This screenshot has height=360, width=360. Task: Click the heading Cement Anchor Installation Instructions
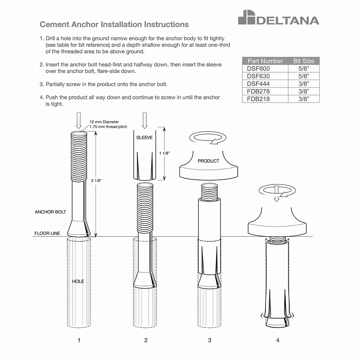click(114, 25)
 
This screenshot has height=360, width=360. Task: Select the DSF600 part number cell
click(258, 69)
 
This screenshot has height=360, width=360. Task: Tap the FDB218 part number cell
click(258, 99)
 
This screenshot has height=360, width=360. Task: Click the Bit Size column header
click(304, 61)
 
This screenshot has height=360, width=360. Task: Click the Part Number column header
click(265, 61)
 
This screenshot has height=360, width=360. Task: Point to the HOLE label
click(78, 281)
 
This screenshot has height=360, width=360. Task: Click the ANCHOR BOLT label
click(50, 212)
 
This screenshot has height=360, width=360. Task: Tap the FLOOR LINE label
click(47, 233)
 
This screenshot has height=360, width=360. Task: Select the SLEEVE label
click(144, 137)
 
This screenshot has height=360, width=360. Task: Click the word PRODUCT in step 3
click(208, 161)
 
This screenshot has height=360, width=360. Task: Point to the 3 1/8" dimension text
click(97, 181)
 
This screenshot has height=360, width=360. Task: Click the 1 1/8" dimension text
click(164, 153)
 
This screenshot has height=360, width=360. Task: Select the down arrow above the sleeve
click(144, 120)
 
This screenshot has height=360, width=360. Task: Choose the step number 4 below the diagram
click(277, 340)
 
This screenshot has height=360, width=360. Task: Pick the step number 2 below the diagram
click(146, 340)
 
